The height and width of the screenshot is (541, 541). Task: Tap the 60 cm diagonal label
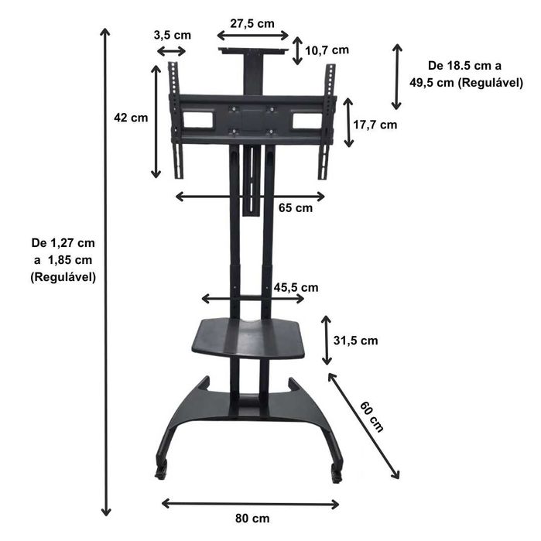coord(372,415)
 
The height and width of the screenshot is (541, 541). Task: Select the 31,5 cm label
coord(355,341)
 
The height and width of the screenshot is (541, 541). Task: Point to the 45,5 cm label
coord(296,287)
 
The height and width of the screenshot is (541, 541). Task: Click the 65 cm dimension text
coord(295,208)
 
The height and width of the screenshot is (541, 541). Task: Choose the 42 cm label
coord(130,118)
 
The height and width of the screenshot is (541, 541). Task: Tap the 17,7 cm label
coord(376,124)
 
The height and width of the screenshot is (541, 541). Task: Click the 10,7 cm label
coord(327,50)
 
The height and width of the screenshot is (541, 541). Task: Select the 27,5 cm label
coord(252,23)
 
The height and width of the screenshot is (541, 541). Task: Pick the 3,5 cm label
coord(172,35)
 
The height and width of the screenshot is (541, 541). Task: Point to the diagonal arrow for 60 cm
coord(364,426)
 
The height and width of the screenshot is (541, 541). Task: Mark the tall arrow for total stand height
coord(106,271)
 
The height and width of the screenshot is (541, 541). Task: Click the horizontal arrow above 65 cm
coord(250,197)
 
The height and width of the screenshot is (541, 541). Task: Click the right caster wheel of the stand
coord(336,473)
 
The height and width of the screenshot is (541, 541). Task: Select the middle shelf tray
coord(248,337)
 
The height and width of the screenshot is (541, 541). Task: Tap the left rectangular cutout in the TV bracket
coord(197,120)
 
